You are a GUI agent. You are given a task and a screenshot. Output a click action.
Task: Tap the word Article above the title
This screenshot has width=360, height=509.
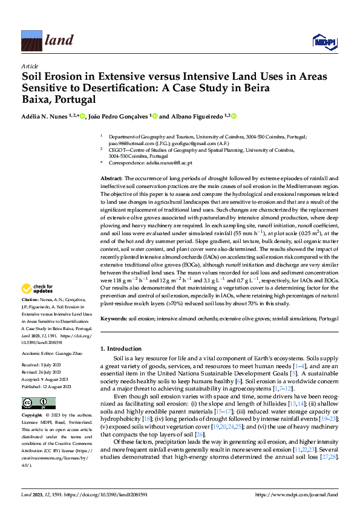point(29,66)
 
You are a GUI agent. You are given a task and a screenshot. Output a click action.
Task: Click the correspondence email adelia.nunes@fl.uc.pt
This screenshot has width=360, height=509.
point(172,163)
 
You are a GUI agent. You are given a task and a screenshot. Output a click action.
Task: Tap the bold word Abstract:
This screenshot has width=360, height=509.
point(111,179)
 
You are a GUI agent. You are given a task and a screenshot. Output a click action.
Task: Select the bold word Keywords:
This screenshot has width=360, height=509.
point(114,318)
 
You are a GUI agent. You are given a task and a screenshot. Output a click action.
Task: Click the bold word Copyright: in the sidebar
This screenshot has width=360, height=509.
point(31,416)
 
